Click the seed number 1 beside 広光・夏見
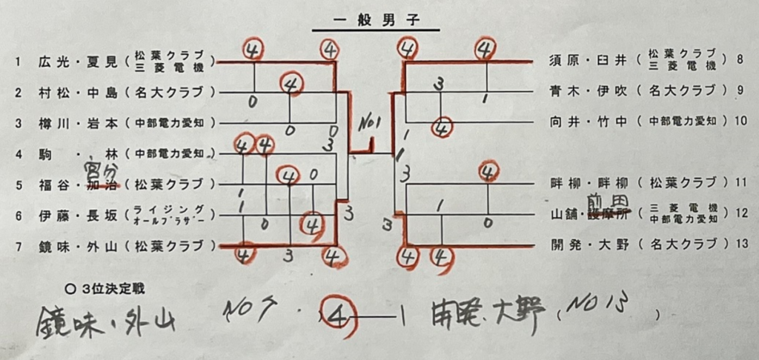click(17, 62)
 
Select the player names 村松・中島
click(77, 93)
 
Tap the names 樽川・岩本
click(77, 124)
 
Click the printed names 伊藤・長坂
click(77, 216)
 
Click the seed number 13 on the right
click(741, 244)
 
